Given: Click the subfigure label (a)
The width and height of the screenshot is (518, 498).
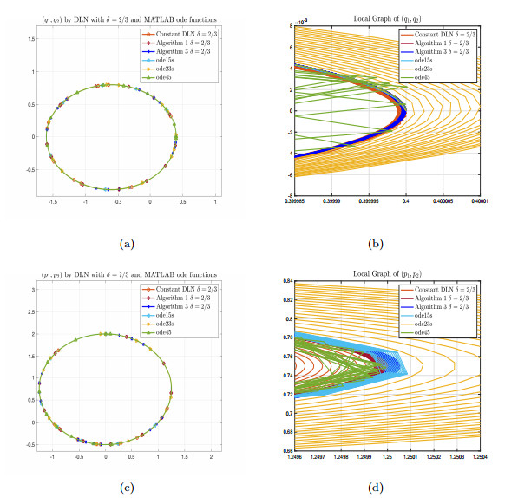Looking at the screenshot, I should (x=128, y=246).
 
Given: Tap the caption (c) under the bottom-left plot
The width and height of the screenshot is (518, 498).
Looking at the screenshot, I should (x=128, y=488).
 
